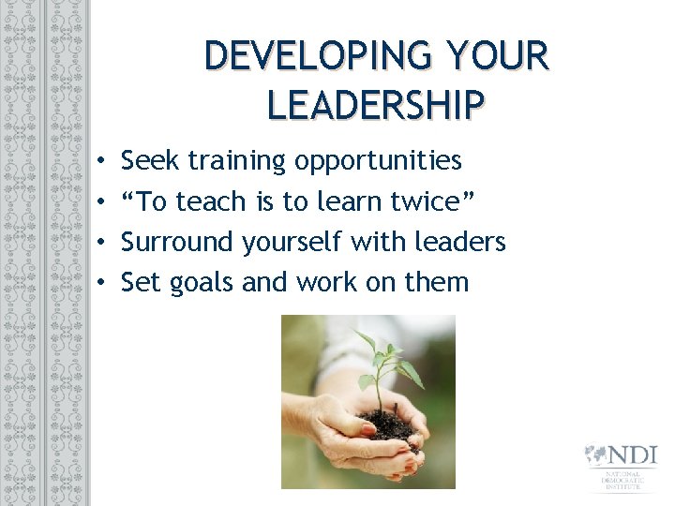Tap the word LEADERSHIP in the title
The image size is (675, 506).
375,104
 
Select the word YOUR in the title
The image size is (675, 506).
495,55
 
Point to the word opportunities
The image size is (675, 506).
378,162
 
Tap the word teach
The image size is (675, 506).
210,201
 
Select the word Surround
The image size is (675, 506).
177,242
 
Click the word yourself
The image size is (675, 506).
292,243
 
